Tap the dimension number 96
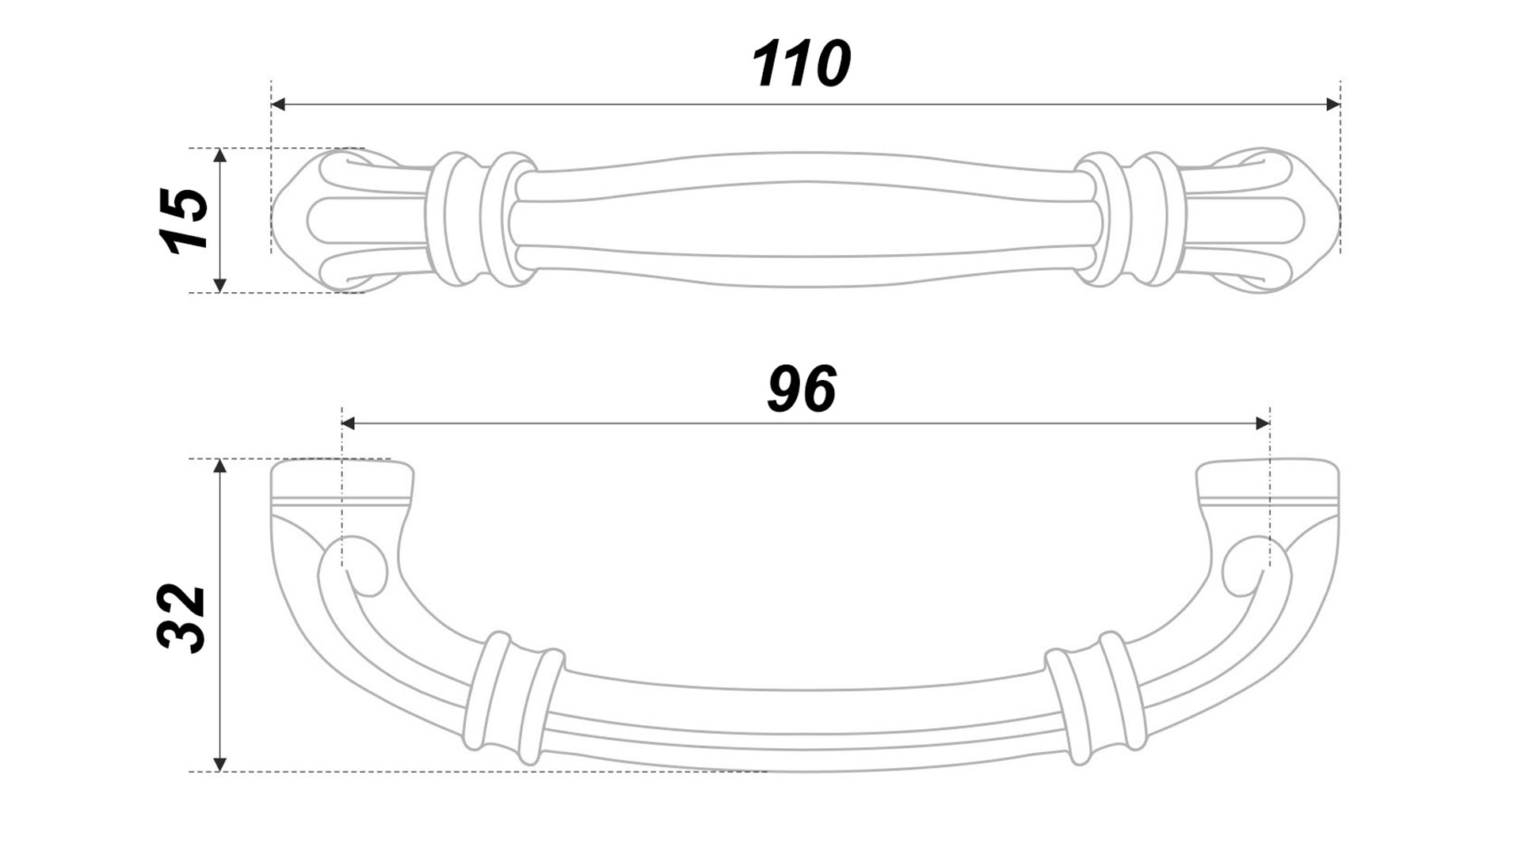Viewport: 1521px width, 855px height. (x=802, y=389)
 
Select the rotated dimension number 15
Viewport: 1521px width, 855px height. (x=184, y=221)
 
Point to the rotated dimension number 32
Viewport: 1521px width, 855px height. (x=182, y=617)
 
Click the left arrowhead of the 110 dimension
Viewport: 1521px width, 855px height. (x=278, y=104)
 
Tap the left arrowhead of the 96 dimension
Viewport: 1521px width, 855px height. (x=349, y=424)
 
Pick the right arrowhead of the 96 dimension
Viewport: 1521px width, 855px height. (x=1263, y=424)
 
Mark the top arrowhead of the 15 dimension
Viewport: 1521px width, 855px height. (x=220, y=155)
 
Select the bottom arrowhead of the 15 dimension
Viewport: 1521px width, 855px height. (x=220, y=285)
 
